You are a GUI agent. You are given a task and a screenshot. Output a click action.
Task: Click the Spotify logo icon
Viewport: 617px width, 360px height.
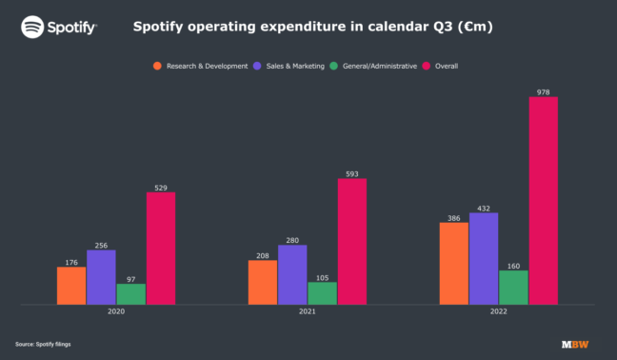click(32, 28)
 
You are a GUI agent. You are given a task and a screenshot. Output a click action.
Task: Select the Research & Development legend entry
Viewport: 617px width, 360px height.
click(201, 66)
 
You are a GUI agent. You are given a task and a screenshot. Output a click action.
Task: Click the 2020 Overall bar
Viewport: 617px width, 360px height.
click(161, 248)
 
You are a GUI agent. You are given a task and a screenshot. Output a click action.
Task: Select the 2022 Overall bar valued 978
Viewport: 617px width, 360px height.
click(543, 200)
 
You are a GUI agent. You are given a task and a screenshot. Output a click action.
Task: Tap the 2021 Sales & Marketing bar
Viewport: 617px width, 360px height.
click(292, 274)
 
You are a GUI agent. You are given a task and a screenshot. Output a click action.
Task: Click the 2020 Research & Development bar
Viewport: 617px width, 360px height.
click(71, 286)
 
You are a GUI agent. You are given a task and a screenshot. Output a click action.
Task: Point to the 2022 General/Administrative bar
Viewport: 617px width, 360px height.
click(513, 287)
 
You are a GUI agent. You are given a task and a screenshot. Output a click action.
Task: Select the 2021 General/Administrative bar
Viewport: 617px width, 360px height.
click(322, 293)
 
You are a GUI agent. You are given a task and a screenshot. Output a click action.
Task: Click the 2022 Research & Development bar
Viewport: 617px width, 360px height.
click(453, 263)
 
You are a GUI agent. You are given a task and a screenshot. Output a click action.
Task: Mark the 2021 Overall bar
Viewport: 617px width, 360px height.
click(351, 241)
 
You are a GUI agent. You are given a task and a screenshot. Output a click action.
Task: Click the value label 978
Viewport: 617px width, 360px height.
click(543, 92)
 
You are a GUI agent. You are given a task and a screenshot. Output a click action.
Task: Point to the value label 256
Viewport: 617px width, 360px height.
click(101, 245)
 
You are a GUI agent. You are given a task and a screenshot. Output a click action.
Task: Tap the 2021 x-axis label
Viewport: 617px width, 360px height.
click(307, 312)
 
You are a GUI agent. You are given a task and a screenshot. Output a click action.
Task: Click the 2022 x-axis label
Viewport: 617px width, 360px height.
click(498, 312)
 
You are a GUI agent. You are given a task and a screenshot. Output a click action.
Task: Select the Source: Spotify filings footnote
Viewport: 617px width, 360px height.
click(43, 343)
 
